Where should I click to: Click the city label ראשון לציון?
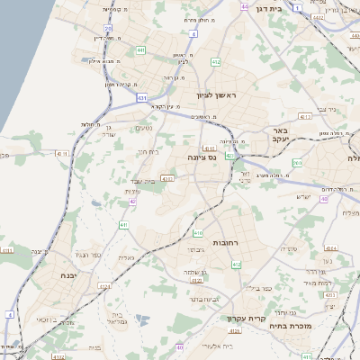(218, 94)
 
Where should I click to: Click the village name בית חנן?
(148, 152)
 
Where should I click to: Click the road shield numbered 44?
(244, 6)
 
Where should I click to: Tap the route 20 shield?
(108, 29)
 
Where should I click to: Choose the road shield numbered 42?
(132, 201)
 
